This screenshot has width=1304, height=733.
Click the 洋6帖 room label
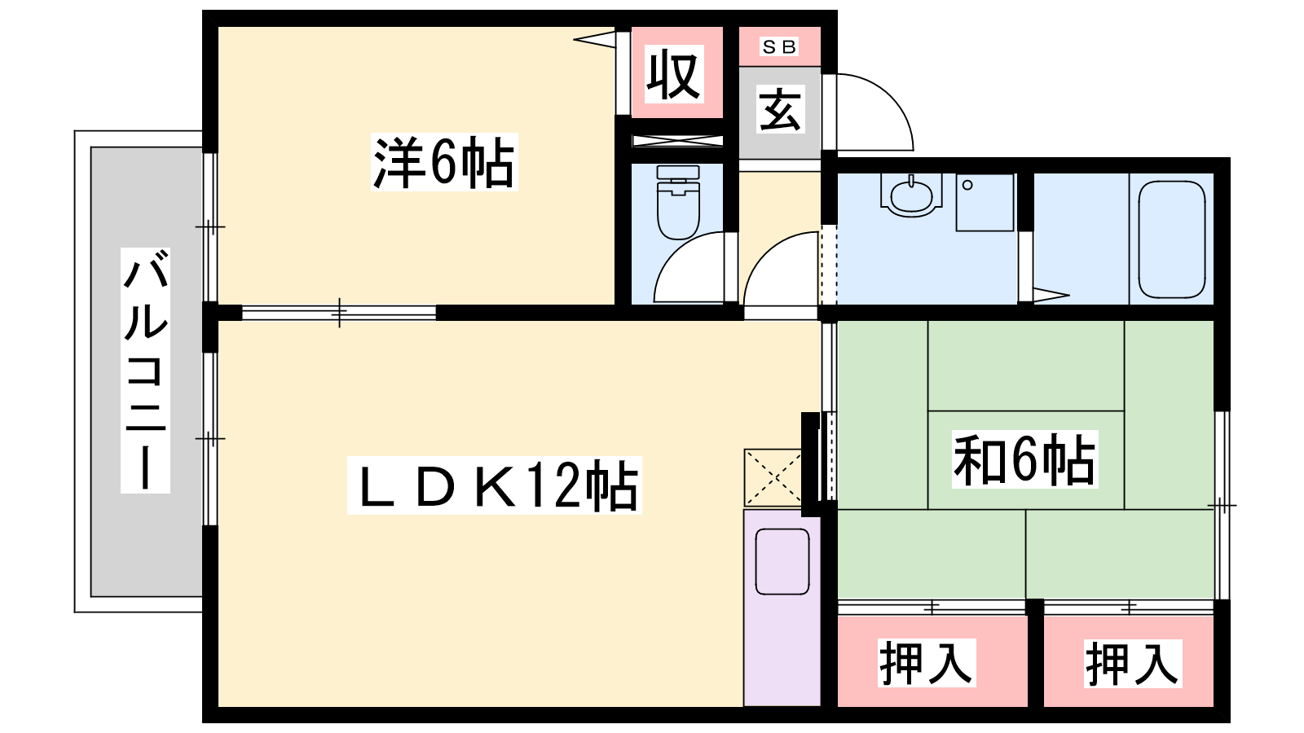click(443, 162)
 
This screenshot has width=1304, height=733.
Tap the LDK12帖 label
click(494, 485)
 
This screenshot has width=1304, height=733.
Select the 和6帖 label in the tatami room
click(1024, 459)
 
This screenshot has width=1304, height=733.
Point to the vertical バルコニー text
click(146, 371)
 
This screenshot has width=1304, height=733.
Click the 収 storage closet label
click(674, 74)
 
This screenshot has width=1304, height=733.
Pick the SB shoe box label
click(779, 46)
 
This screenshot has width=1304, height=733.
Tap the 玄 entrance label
click(780, 109)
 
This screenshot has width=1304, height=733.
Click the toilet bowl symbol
click(678, 202)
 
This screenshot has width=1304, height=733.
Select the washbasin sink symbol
click(911, 195)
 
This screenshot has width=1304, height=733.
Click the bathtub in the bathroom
click(1171, 239)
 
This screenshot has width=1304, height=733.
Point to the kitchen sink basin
click(782, 561)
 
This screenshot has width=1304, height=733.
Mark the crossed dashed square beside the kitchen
click(773, 477)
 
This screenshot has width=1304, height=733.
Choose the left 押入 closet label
click(926, 663)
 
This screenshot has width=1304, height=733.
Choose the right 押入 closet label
click(1132, 663)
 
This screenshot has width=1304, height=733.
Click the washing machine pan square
click(985, 202)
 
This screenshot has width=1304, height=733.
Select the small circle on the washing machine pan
click(967, 185)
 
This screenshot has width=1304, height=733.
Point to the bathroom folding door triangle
click(1051, 295)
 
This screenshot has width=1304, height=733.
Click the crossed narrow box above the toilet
click(677, 140)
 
